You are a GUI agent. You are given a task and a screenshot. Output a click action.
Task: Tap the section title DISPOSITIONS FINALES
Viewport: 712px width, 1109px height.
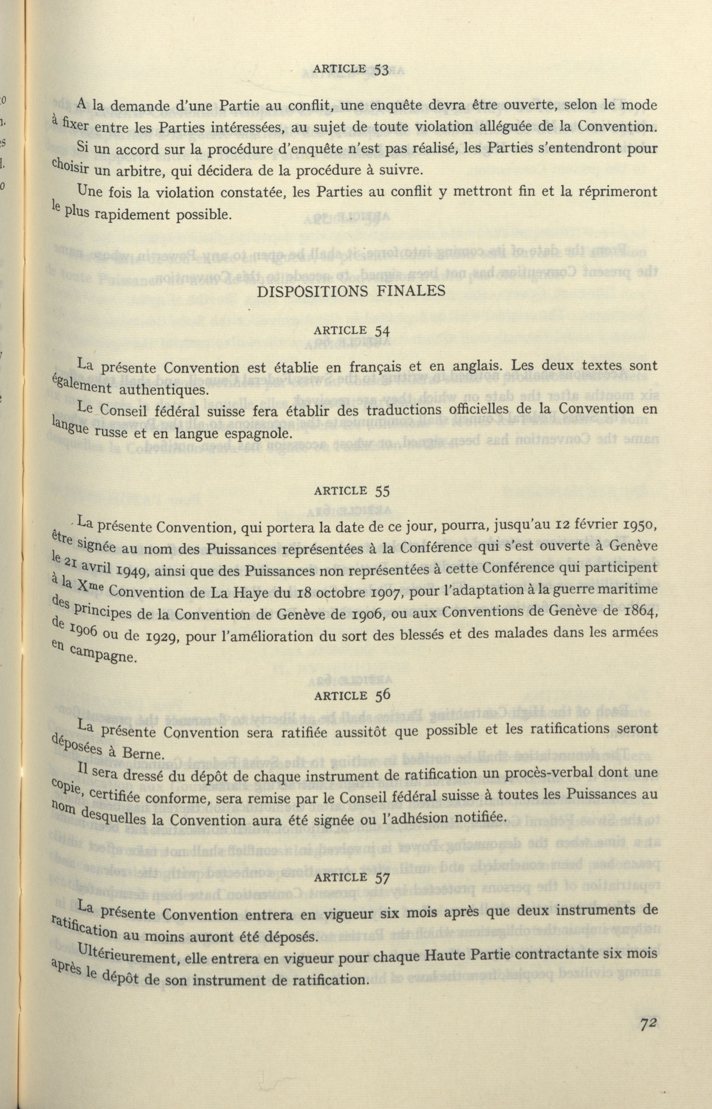point(350,291)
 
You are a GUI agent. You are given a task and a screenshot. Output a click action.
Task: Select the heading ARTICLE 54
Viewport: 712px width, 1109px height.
point(351,330)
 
